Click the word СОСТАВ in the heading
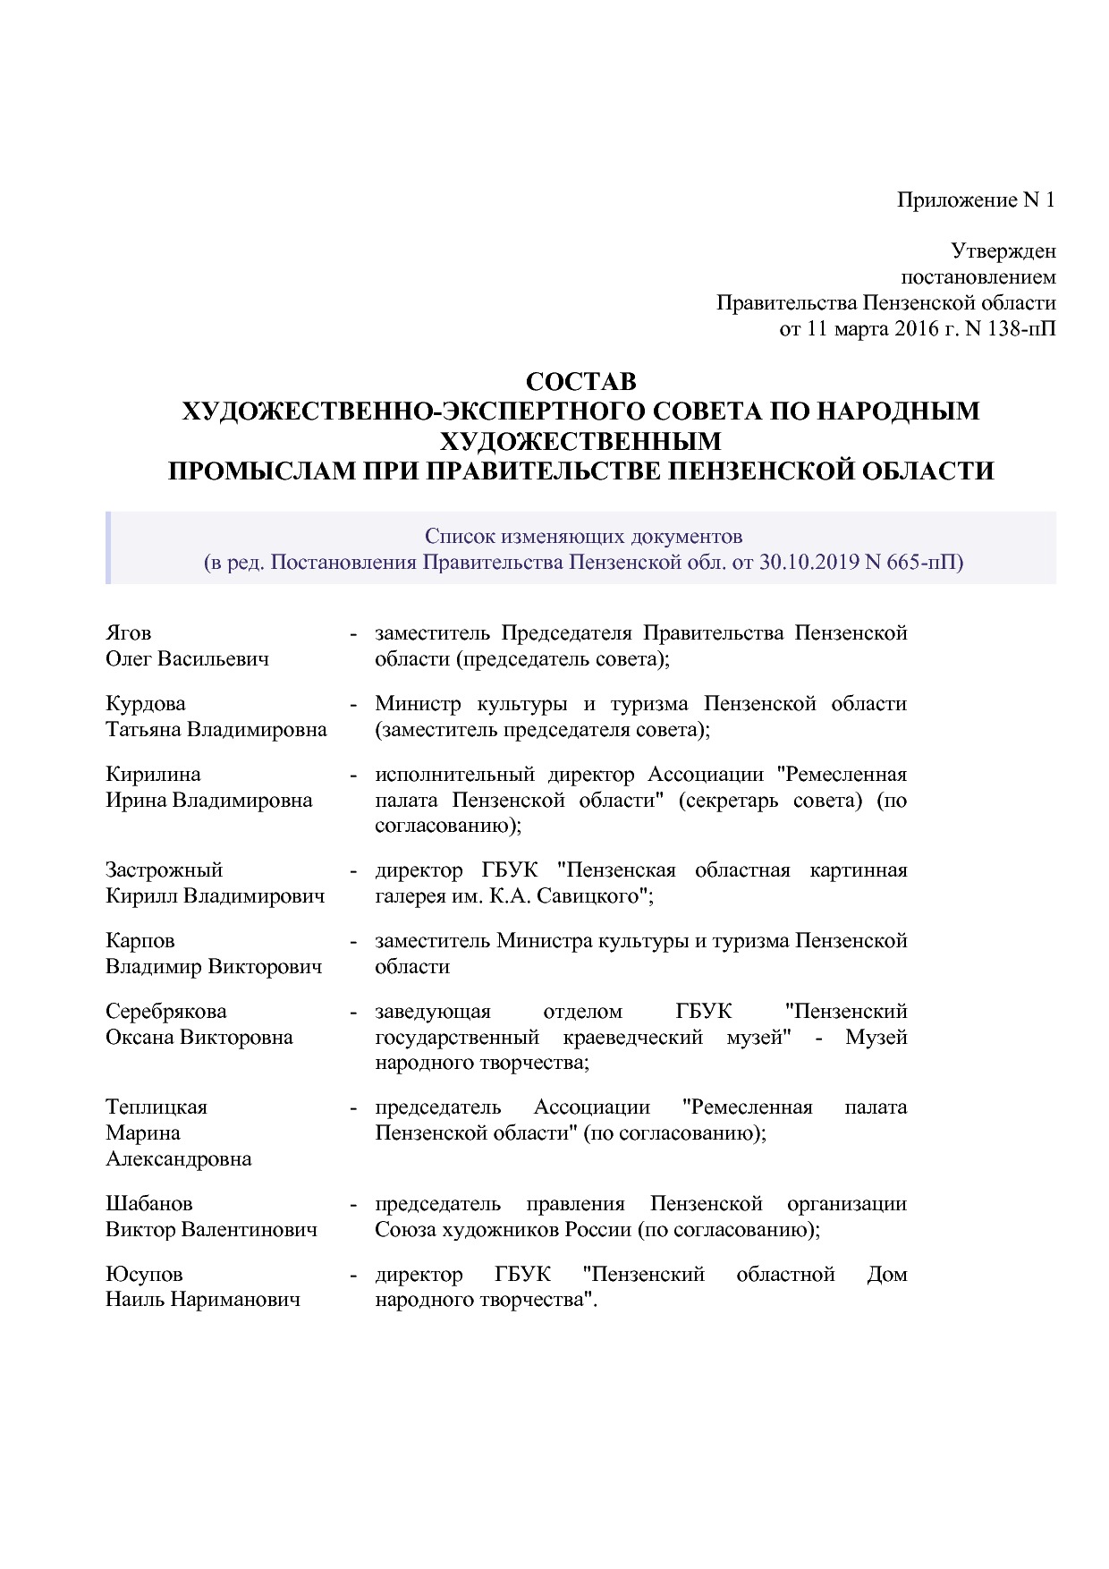[x=580, y=382]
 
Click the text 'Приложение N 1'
[x=976, y=199]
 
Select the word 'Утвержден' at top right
[x=1003, y=251]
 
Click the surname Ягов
[x=129, y=633]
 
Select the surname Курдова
[x=146, y=704]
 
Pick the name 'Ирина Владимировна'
[x=209, y=800]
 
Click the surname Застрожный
[x=164, y=870]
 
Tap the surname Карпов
[x=140, y=941]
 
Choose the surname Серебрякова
[x=166, y=1012]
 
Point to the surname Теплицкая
[x=157, y=1107]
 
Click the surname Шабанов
[x=149, y=1204]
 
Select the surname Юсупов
[x=144, y=1275]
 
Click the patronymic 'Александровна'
[x=179, y=1159]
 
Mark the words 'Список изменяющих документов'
[x=583, y=537]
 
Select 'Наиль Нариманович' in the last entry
[x=203, y=1300]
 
